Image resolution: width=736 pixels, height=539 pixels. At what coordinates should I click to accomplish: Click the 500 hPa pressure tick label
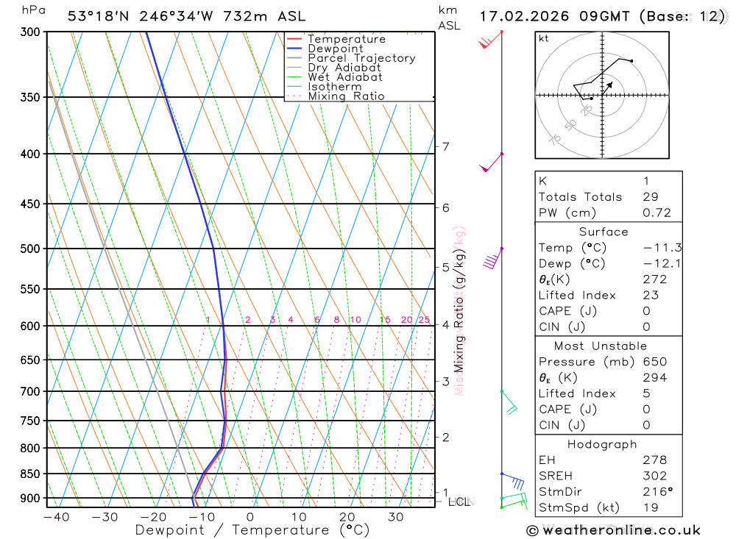click(29, 249)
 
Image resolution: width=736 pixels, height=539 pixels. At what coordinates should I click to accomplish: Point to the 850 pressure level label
click(29, 474)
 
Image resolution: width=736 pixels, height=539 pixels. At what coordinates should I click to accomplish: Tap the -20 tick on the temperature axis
click(153, 517)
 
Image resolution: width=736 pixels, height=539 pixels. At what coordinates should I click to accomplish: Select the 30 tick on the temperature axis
click(395, 517)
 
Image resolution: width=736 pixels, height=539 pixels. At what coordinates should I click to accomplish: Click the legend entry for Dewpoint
click(336, 49)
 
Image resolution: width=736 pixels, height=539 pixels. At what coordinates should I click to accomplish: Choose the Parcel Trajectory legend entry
click(361, 58)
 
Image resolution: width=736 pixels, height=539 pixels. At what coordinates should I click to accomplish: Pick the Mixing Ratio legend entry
click(346, 96)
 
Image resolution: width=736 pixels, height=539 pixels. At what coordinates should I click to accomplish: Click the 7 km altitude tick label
click(446, 146)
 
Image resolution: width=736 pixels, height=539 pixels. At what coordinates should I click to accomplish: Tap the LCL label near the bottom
click(459, 501)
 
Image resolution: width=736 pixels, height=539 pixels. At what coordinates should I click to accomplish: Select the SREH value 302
click(655, 476)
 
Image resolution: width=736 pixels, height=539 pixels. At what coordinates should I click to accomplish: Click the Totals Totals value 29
click(650, 197)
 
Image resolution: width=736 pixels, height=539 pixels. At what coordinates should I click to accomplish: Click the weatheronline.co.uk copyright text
click(614, 530)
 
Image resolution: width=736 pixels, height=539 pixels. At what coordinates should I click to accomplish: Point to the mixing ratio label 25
click(424, 320)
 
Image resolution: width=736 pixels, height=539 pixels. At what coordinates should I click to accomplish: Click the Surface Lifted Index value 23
click(650, 296)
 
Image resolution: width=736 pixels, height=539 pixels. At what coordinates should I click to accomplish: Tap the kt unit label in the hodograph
click(544, 38)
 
